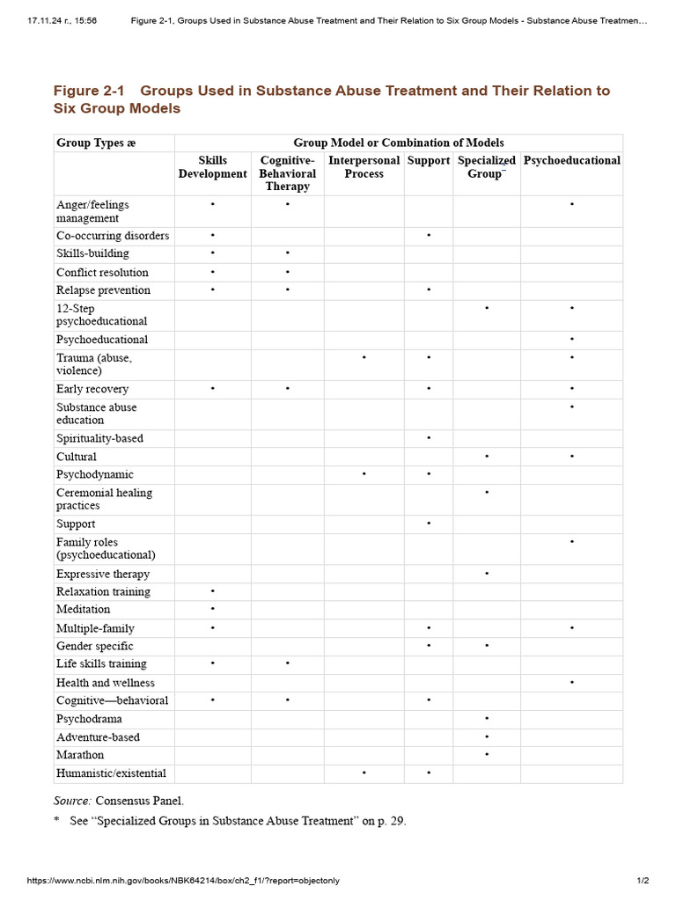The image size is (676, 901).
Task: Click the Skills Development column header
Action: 212,167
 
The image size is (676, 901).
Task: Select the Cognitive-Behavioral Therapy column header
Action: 288,173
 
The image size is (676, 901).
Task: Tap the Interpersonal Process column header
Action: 364,167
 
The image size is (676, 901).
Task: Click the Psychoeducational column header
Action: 571,160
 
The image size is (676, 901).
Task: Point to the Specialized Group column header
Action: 487,167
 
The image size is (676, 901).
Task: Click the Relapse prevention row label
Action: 103,290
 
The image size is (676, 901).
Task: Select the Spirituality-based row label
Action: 99,438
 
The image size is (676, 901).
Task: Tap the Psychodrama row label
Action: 89,719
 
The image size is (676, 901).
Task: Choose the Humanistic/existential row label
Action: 111,773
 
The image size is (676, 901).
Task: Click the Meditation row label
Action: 84,609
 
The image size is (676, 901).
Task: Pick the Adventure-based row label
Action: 98,737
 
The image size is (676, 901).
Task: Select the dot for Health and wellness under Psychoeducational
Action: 572,683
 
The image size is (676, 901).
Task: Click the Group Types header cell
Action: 96,143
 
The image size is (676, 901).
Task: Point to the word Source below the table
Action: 72,800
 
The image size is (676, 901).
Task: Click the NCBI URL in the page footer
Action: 183,881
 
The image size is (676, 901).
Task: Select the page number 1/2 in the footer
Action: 643,881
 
